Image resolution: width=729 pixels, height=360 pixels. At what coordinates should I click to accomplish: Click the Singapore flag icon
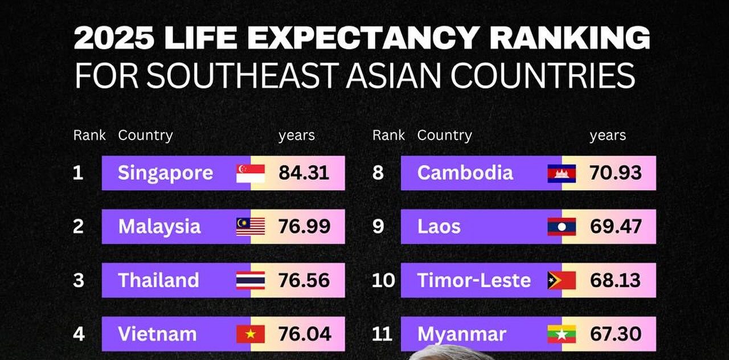pyautogui.click(x=251, y=173)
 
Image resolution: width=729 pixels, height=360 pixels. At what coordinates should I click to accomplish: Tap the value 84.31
pyautogui.click(x=304, y=173)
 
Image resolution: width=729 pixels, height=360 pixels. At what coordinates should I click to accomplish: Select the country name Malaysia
pyautogui.click(x=159, y=227)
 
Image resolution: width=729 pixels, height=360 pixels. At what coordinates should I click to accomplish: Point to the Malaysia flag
pyautogui.click(x=251, y=227)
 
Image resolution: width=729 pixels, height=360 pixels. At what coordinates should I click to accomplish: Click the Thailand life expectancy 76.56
pyautogui.click(x=304, y=280)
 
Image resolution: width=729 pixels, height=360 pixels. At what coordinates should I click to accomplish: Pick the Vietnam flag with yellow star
pyautogui.click(x=251, y=334)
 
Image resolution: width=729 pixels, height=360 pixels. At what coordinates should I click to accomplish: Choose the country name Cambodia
pyautogui.click(x=465, y=173)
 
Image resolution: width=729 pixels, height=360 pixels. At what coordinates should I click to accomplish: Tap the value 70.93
pyautogui.click(x=616, y=173)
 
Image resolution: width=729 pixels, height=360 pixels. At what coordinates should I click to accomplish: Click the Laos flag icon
pyautogui.click(x=562, y=227)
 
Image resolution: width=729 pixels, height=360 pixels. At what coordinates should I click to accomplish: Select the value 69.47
pyautogui.click(x=616, y=227)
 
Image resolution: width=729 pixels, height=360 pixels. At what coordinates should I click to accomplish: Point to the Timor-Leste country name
pyautogui.click(x=474, y=280)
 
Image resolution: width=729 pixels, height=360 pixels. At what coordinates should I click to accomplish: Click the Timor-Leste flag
pyautogui.click(x=562, y=280)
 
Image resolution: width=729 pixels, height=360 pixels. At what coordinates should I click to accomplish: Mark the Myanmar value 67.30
pyautogui.click(x=616, y=334)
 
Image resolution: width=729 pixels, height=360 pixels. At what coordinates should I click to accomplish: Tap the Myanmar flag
pyautogui.click(x=562, y=334)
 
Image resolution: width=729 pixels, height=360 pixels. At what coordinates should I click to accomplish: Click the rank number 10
pyautogui.click(x=383, y=280)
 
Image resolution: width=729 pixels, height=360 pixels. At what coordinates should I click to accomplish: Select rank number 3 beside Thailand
pyautogui.click(x=79, y=280)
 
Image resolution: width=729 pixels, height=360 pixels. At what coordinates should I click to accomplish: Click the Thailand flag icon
pyautogui.click(x=251, y=280)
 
